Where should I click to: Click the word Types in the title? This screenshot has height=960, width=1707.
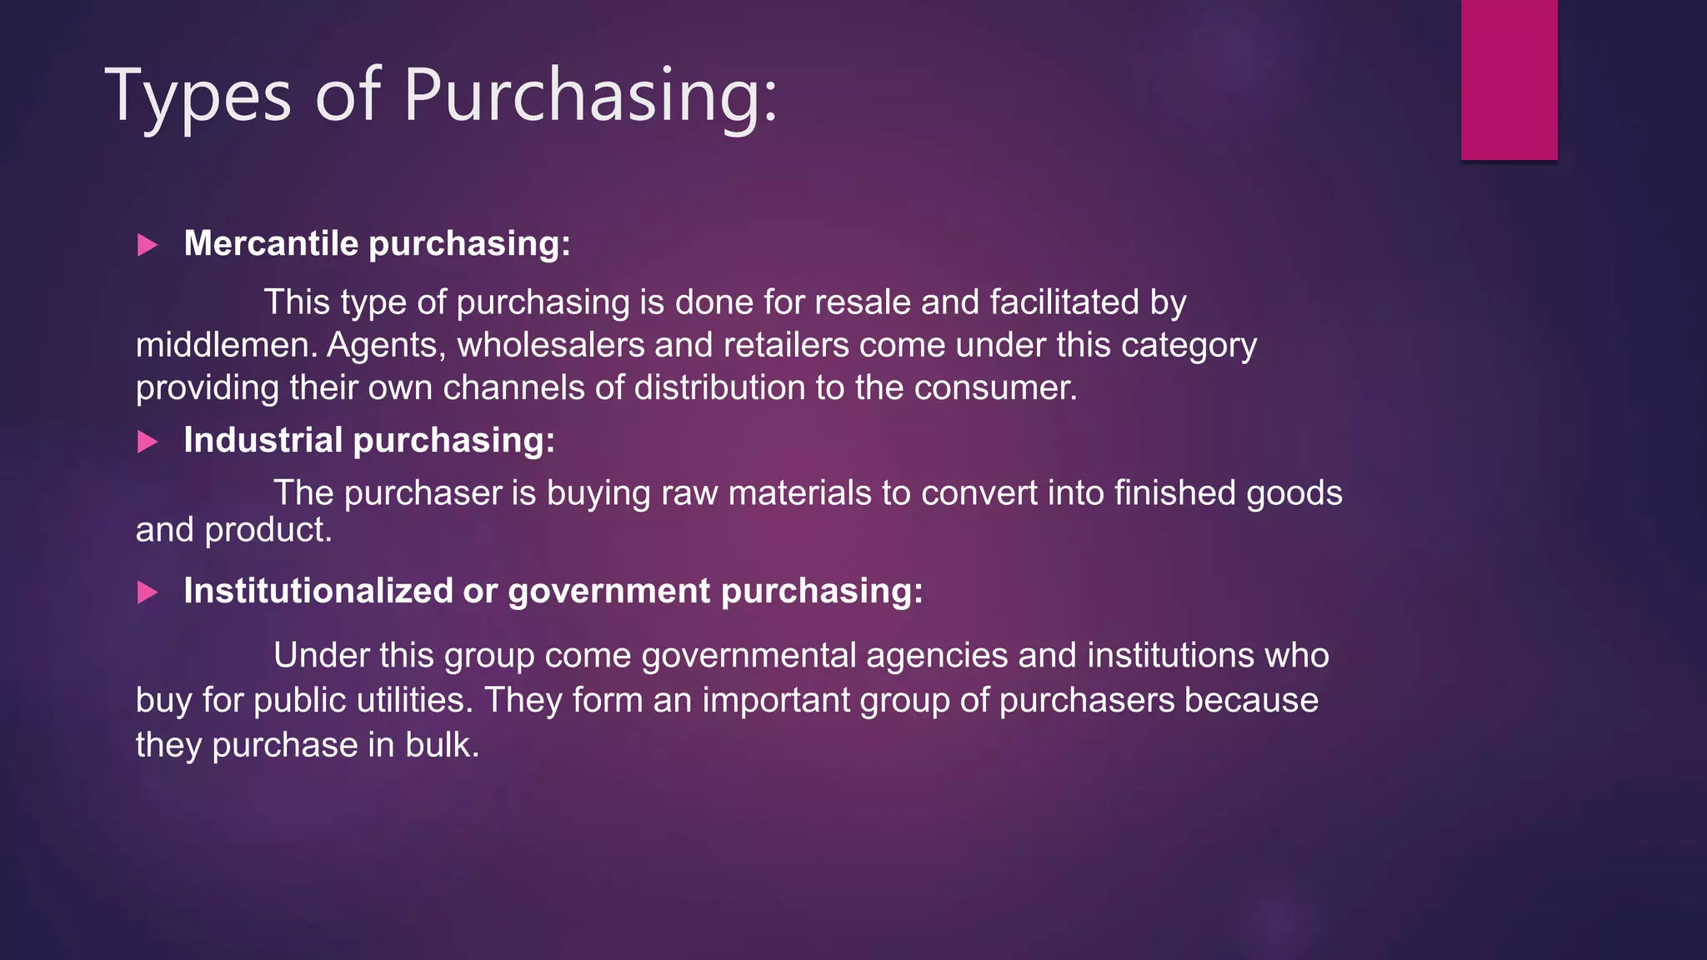[x=198, y=97]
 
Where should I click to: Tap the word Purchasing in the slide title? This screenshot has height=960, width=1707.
[x=590, y=97]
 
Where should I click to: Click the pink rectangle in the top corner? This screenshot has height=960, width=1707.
[x=1509, y=79]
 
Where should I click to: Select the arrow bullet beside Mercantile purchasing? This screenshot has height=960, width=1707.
[x=148, y=245]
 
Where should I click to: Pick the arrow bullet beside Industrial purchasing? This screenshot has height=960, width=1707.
[x=148, y=442]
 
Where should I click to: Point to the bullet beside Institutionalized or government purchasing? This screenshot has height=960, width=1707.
[x=148, y=592]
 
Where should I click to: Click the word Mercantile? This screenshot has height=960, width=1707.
[x=271, y=243]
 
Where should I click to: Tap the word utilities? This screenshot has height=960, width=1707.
[x=414, y=700]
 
